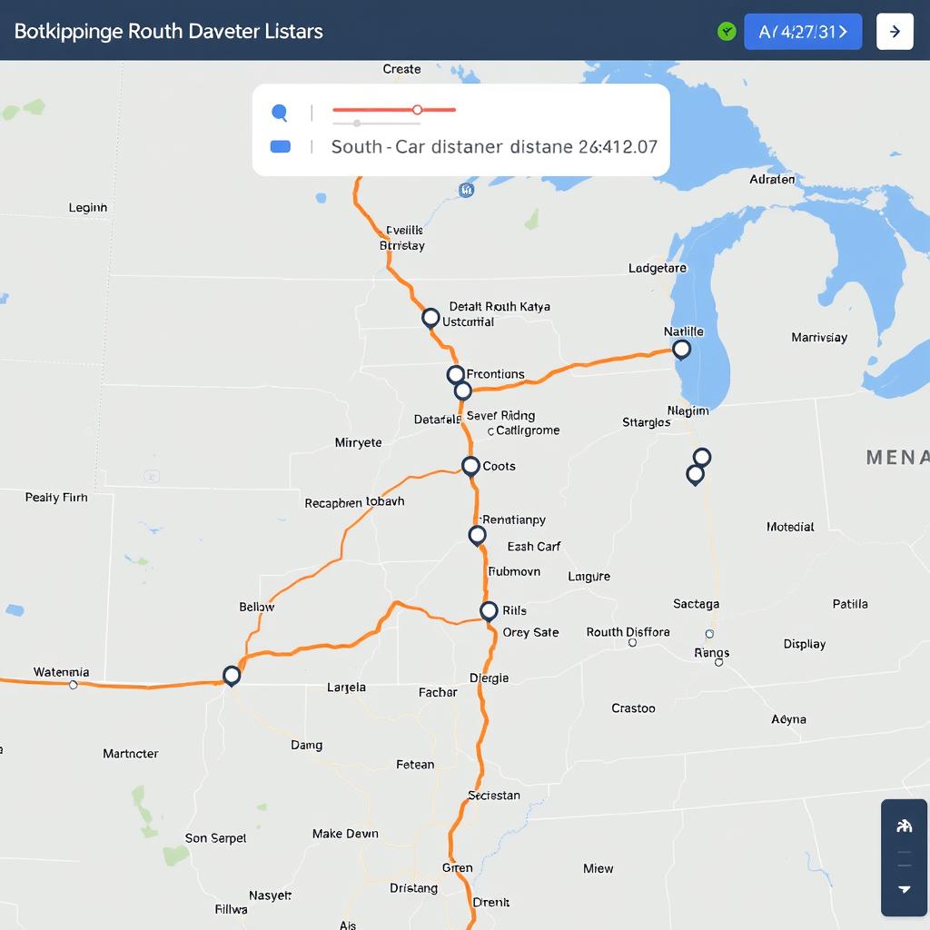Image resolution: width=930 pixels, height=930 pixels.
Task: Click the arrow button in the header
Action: [895, 32]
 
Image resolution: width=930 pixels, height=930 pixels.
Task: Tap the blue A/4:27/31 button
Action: [803, 32]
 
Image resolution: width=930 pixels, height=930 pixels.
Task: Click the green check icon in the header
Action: [726, 32]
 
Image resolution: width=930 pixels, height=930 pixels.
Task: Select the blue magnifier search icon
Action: [280, 114]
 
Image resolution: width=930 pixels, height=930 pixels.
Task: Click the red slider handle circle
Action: [417, 110]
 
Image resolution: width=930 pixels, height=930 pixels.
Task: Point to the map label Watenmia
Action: [61, 672]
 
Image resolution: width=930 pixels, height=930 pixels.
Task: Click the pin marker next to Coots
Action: [470, 466]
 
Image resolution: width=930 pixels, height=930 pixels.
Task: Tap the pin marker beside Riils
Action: [489, 610]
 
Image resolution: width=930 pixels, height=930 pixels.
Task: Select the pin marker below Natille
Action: [681, 350]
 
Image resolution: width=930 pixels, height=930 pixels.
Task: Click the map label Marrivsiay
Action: [818, 337]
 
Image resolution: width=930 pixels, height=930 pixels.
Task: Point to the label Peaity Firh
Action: [56, 498]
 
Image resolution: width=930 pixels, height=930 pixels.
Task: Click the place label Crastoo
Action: [633, 707]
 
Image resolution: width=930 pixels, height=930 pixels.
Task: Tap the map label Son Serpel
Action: [215, 838]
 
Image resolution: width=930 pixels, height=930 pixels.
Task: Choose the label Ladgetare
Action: [658, 268]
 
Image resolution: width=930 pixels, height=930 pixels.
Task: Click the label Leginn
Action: [88, 208]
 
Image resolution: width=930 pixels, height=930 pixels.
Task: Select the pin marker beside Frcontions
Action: [456, 374]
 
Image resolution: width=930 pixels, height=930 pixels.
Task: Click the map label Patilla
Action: [850, 604]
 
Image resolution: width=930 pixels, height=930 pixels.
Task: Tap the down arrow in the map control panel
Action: [904, 890]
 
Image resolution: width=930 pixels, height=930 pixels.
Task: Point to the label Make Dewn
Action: [345, 834]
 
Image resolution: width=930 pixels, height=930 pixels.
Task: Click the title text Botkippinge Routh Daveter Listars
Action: [169, 31]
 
